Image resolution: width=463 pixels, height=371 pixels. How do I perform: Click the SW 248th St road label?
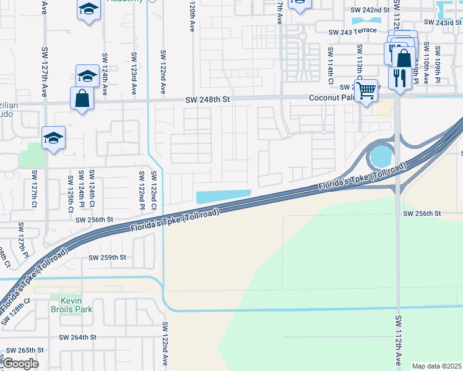point(208,100)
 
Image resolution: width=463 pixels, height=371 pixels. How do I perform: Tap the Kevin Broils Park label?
point(67,304)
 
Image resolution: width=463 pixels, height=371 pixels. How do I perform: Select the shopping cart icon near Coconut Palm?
point(366,90)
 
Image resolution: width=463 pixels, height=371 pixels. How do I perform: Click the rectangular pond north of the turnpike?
point(223,197)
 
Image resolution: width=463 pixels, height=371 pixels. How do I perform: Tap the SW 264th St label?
point(78,337)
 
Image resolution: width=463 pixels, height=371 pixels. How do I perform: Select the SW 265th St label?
point(25,350)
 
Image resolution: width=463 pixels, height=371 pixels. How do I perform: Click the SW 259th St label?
point(107,257)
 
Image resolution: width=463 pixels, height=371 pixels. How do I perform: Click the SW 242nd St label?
point(370,11)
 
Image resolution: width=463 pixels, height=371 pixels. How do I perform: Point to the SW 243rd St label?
point(440,23)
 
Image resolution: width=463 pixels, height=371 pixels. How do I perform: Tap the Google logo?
point(20,364)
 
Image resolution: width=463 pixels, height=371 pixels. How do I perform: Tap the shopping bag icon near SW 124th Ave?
point(82,98)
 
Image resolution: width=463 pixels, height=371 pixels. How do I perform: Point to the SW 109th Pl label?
point(438,64)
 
